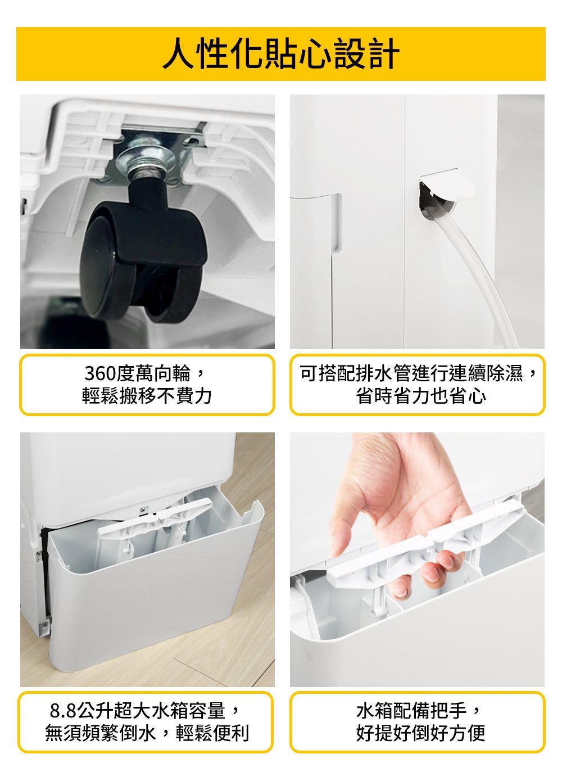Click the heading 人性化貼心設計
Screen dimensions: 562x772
[x=281, y=54]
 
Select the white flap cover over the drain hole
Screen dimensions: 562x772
[x=447, y=183]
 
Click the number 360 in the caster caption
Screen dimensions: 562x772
[x=100, y=373]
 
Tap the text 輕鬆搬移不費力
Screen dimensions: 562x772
[x=147, y=396]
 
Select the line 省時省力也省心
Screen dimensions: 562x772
[x=421, y=396]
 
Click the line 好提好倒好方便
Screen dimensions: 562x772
[x=421, y=733]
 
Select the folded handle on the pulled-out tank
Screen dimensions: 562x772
[x=155, y=517]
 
